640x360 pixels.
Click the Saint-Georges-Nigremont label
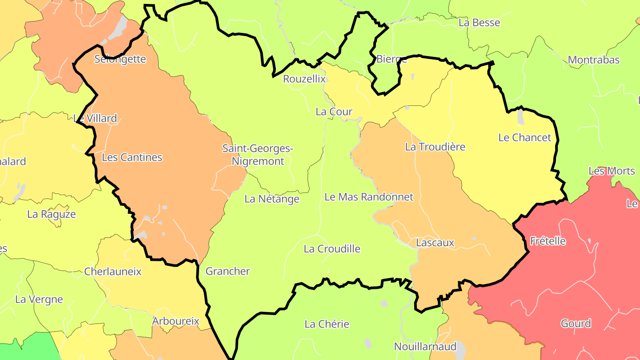258,155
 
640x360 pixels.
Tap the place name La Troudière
435,147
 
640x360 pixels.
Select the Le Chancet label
524,137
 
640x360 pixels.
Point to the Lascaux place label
435,243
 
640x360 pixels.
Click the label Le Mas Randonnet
369,196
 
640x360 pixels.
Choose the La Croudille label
332,249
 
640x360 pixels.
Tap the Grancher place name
228,271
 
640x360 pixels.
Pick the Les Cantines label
132,157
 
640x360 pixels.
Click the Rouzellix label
304,79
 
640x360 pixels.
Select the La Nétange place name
272,199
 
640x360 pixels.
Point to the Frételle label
548,241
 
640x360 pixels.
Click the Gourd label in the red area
576,324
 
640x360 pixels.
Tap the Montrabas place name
594,60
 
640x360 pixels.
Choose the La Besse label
480,23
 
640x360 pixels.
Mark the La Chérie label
327,324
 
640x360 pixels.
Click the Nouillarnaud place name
425,347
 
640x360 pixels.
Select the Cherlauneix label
113,272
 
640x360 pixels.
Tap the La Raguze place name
52,214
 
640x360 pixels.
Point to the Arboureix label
176,321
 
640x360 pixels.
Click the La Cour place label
334,112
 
